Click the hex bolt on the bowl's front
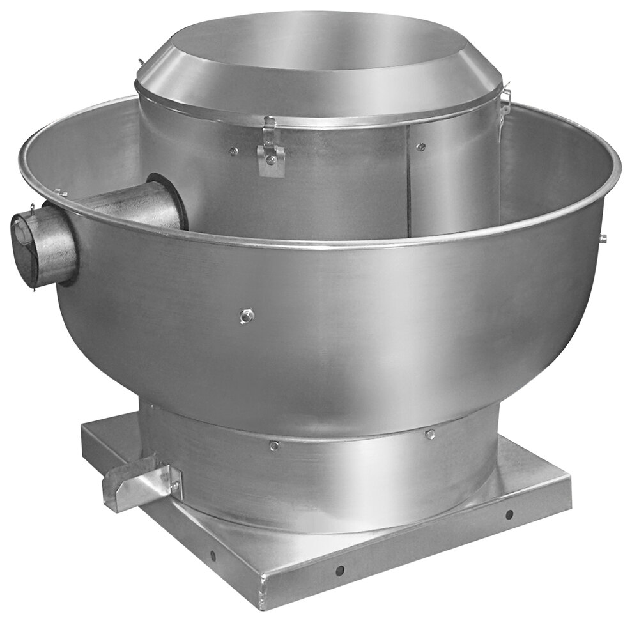coord(247,315)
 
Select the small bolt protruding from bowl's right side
coord(602,238)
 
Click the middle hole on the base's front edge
coord(340,569)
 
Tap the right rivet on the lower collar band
coord(430,435)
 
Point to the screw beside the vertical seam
coord(420,146)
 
